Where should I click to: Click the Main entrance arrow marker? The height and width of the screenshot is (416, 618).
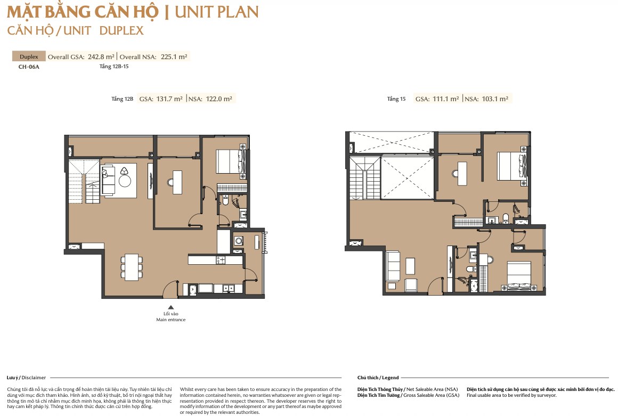pyautogui.click(x=170, y=307)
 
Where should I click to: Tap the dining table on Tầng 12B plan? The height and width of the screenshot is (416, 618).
pyautogui.click(x=132, y=267)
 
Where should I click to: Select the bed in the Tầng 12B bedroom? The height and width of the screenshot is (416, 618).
pyautogui.click(x=231, y=161)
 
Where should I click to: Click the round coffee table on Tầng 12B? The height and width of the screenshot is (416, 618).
pyautogui.click(x=125, y=181)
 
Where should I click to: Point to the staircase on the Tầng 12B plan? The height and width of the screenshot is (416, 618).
pyautogui.click(x=84, y=181)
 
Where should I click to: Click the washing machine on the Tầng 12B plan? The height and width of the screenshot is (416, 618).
pyautogui.click(x=239, y=241)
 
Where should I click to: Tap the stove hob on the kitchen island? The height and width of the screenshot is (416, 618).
pyautogui.click(x=221, y=260)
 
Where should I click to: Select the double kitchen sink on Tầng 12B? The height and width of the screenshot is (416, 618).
pyautogui.click(x=227, y=288)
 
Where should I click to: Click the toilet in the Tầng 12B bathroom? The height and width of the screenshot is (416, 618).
pyautogui.click(x=225, y=200)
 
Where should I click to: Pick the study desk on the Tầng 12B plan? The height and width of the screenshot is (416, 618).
pyautogui.click(x=177, y=182)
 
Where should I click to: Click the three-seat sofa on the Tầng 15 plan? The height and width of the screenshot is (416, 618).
pyautogui.click(x=393, y=265)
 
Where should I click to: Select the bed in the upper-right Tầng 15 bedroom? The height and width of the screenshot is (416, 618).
pyautogui.click(x=512, y=166)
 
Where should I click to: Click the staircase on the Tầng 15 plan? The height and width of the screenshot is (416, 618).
pyautogui.click(x=365, y=178)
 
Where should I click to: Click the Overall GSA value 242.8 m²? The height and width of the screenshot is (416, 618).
pyautogui.click(x=101, y=56)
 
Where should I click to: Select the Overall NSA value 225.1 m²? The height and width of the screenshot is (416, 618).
pyautogui.click(x=174, y=56)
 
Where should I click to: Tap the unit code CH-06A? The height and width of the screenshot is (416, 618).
pyautogui.click(x=29, y=67)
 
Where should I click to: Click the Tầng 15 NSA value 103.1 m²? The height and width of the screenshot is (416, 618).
pyautogui.click(x=495, y=99)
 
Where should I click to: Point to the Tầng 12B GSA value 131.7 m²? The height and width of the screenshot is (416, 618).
pyautogui.click(x=169, y=99)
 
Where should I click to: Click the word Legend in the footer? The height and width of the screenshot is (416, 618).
pyautogui.click(x=391, y=378)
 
